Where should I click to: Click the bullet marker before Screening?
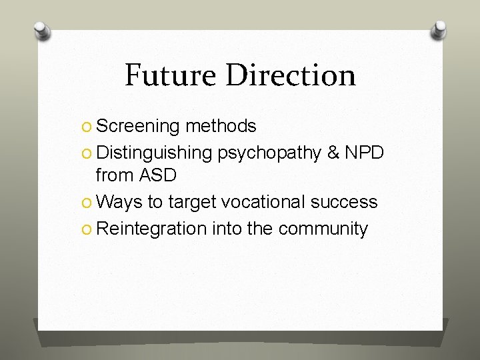(89, 127)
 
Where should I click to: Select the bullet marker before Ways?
(89, 202)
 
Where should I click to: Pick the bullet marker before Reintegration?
(89, 229)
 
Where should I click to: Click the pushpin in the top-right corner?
(439, 31)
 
